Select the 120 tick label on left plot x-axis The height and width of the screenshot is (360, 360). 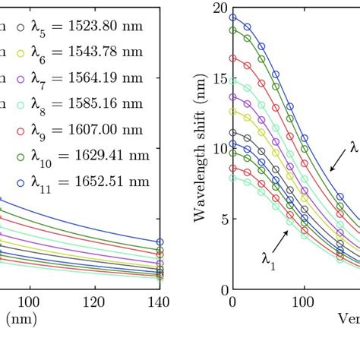point(95,302)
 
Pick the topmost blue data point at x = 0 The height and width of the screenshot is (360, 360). point(233,17)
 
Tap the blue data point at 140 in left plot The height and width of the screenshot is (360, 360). point(159,242)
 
